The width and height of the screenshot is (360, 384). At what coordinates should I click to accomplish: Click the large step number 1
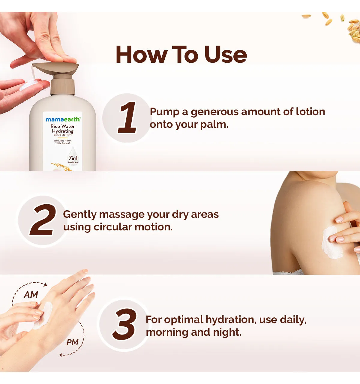pyautogui.click(x=127, y=118)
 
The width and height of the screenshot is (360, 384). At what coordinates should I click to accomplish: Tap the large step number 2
pyautogui.click(x=43, y=220)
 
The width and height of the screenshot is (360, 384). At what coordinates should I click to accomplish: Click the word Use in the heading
pyautogui.click(x=225, y=54)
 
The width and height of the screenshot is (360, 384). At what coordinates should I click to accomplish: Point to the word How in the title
pyautogui.click(x=142, y=54)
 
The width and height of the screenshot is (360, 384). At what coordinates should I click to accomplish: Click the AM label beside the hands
pyautogui.click(x=31, y=295)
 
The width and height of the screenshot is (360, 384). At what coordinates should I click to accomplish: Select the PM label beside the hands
pyautogui.click(x=72, y=342)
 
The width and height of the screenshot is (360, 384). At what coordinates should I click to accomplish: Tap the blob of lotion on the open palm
pyautogui.click(x=29, y=85)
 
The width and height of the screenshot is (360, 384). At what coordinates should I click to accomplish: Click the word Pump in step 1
pyautogui.click(x=165, y=112)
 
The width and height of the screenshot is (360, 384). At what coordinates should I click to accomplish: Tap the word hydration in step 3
pyautogui.click(x=231, y=319)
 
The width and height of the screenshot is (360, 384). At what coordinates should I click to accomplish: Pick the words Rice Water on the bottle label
pyautogui.click(x=63, y=126)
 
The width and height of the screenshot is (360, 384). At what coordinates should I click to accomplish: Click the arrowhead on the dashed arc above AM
pyautogui.click(x=46, y=284)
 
